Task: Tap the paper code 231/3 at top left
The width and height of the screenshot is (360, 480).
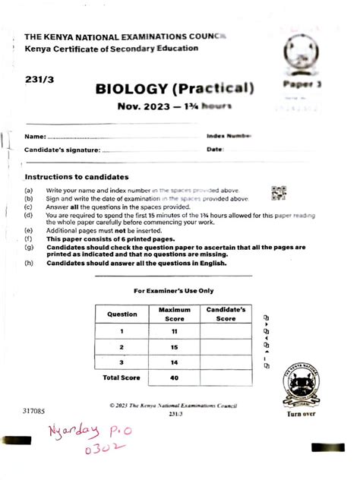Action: click(38, 78)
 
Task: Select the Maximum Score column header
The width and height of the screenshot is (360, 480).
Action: click(175, 314)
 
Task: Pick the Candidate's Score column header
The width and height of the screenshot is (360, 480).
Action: click(226, 314)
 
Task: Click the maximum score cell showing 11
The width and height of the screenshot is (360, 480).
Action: click(175, 331)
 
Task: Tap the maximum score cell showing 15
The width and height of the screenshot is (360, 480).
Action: click(175, 347)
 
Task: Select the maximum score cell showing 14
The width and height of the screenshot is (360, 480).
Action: click(175, 363)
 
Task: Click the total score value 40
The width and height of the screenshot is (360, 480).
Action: click(175, 377)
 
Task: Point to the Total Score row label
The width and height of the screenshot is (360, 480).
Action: click(122, 377)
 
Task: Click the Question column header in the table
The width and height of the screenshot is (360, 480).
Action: click(122, 314)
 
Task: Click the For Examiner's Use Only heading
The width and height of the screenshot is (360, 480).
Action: click(174, 290)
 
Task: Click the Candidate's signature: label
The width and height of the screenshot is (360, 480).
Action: click(62, 150)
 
